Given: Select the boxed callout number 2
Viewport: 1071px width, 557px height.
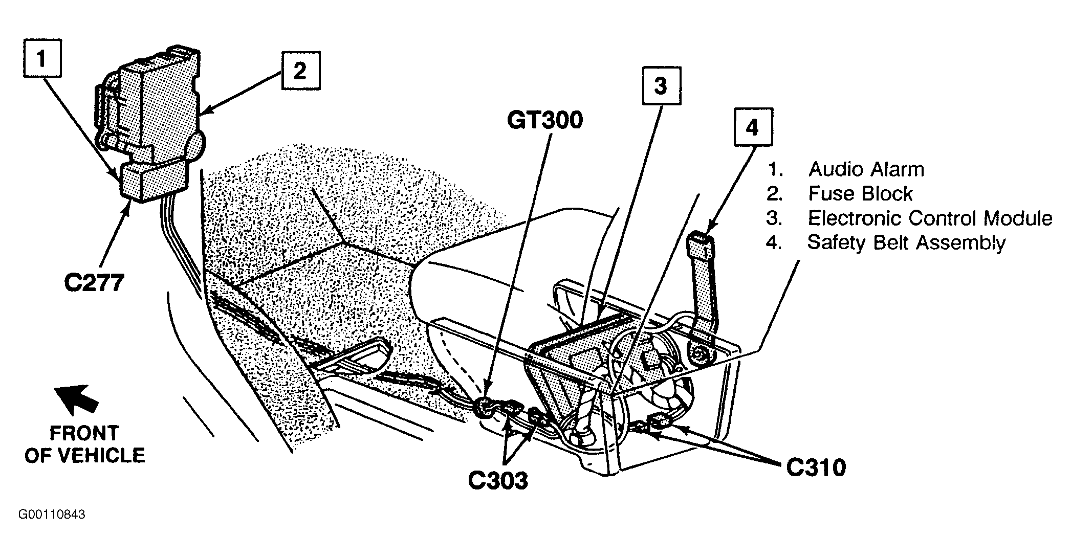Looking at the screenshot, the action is pyautogui.click(x=300, y=71).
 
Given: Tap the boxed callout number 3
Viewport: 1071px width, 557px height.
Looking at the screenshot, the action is pyautogui.click(x=661, y=85).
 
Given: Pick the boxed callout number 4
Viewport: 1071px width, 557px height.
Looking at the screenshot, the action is pyautogui.click(x=753, y=127).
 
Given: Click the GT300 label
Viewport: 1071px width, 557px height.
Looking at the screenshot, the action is pyautogui.click(x=544, y=121).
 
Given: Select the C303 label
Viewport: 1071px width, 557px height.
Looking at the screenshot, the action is pyautogui.click(x=498, y=480).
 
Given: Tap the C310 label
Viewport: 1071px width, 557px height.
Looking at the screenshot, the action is pyautogui.click(x=816, y=467).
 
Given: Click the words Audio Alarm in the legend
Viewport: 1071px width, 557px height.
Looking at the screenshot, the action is pyautogui.click(x=866, y=169).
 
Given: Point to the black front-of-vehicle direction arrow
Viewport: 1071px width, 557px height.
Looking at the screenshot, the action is pyautogui.click(x=77, y=399).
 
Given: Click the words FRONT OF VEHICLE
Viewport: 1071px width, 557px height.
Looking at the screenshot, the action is pyautogui.click(x=85, y=444).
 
